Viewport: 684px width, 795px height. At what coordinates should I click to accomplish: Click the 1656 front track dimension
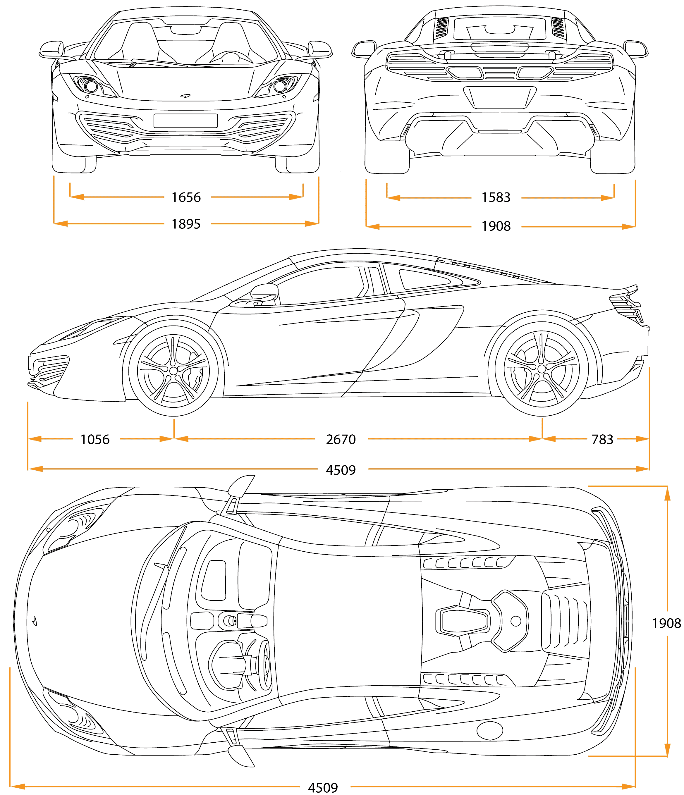click(x=186, y=197)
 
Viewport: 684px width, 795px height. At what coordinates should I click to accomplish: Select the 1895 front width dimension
click(x=186, y=224)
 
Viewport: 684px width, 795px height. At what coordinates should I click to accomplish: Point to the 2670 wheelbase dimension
click(x=341, y=439)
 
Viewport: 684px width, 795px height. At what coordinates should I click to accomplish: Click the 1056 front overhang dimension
click(x=95, y=439)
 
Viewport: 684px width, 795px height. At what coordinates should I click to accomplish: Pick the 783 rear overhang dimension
click(x=602, y=439)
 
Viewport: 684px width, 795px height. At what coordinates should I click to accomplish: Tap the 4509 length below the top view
click(x=323, y=788)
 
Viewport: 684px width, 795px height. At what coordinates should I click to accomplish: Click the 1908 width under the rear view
click(x=496, y=226)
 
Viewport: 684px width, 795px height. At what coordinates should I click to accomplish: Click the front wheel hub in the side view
click(x=173, y=371)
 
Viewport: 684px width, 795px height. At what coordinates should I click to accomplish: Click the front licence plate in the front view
click(x=186, y=121)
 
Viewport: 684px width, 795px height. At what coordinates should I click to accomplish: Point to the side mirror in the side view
click(x=264, y=292)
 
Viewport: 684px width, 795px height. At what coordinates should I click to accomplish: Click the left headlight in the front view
click(x=91, y=86)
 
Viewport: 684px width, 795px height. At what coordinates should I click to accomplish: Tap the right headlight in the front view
click(x=280, y=86)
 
